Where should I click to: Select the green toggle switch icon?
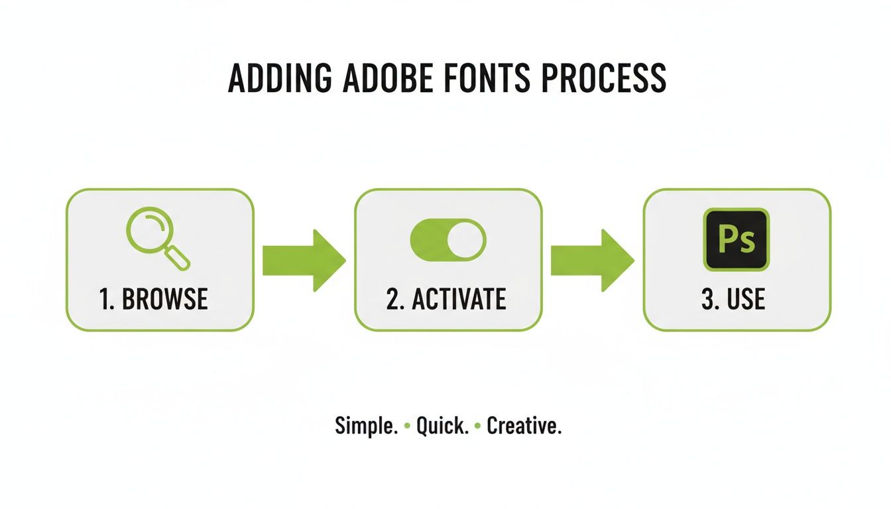coord(448,240)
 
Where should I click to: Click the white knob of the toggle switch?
coord(466,240)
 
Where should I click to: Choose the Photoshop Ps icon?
coord(737,239)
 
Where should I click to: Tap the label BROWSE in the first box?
coord(165,300)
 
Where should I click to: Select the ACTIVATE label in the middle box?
coord(459,300)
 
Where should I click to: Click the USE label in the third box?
coord(746,300)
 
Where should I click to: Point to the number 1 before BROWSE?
coord(105,300)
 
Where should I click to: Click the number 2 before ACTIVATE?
coord(394,300)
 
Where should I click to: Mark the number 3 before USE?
coord(707,300)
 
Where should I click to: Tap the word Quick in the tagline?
coord(442,426)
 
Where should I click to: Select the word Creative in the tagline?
coord(524,426)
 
